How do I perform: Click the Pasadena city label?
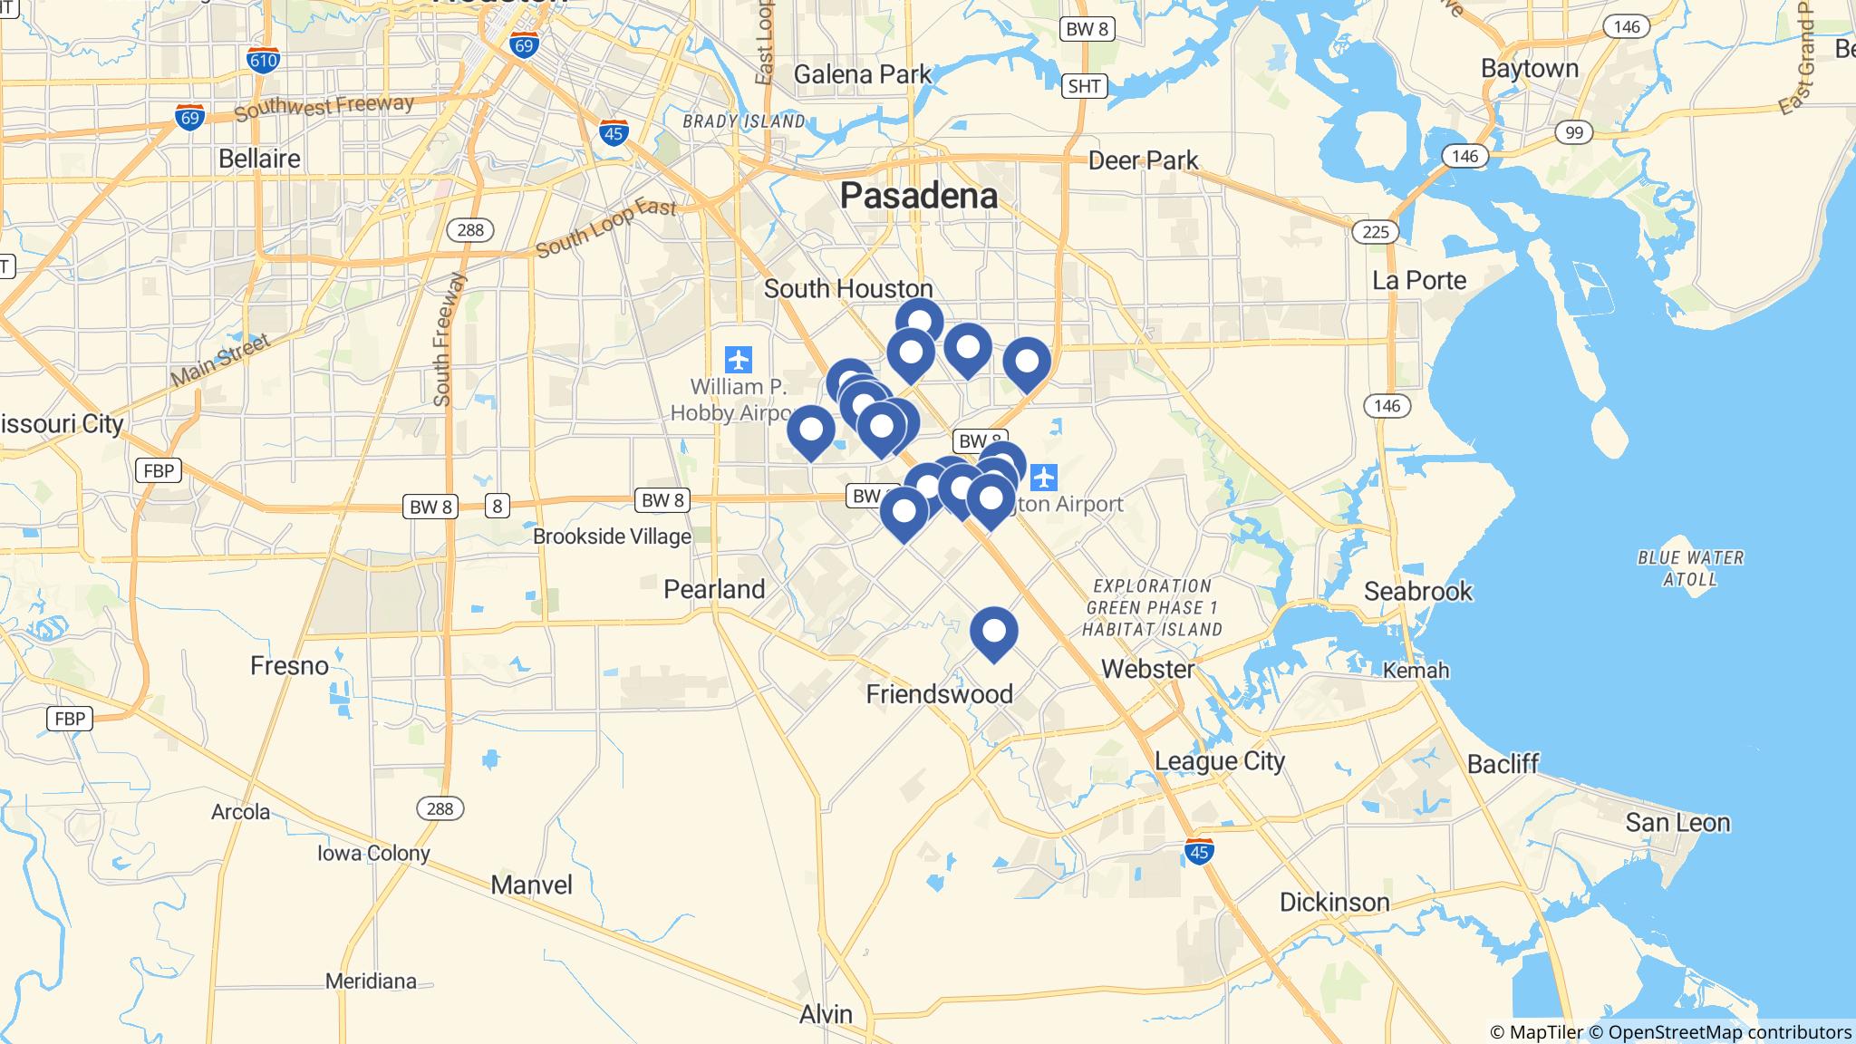[x=919, y=195]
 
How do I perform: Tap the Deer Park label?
[x=1143, y=161]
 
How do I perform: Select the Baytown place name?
[x=1529, y=69]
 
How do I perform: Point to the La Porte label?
[x=1419, y=280]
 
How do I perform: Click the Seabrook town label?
[x=1418, y=592]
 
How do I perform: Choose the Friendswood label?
[x=939, y=694]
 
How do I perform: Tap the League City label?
[x=1220, y=760]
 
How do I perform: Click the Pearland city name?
[x=714, y=589]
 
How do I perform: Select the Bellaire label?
[x=259, y=159]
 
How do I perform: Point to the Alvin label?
[x=826, y=1014]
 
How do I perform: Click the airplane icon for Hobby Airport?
[x=739, y=360]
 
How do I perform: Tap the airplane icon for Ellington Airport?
[x=1044, y=476]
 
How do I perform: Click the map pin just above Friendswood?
[x=994, y=633]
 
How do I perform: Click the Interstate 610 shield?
[x=263, y=61]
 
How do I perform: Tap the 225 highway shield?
[x=1375, y=232]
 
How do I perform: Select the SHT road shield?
[x=1084, y=86]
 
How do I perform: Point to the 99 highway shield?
[x=1573, y=133]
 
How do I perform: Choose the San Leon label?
[x=1677, y=823]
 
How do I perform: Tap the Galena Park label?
[x=862, y=73]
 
